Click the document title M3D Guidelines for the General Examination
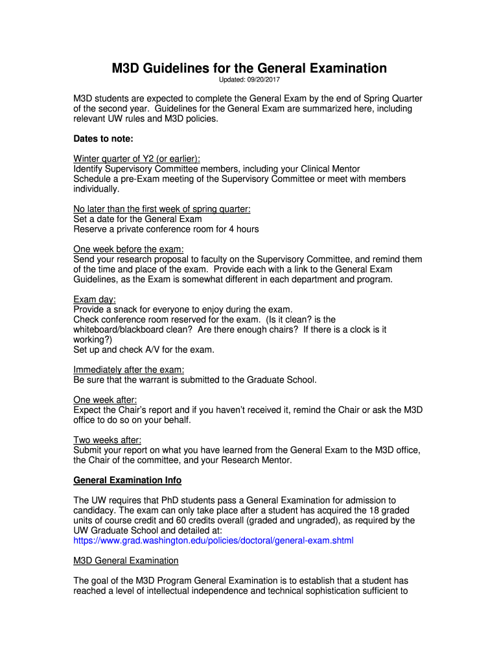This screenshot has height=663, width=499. [x=249, y=68]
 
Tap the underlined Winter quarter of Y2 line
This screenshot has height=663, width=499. [x=137, y=159]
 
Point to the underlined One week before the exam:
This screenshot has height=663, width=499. [x=128, y=249]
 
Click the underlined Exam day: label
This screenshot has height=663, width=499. [x=95, y=300]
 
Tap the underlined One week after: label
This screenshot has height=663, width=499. [x=105, y=400]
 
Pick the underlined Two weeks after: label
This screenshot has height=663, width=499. [x=107, y=440]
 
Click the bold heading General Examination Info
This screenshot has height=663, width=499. [x=127, y=480]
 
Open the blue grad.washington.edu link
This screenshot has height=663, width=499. [x=213, y=540]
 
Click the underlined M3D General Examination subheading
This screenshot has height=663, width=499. [x=126, y=560]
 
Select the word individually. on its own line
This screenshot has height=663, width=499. [x=96, y=189]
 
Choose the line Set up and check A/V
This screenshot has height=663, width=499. [x=143, y=350]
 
